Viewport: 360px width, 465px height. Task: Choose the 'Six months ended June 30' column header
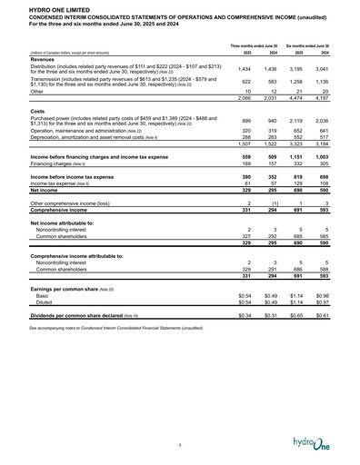point(307,45)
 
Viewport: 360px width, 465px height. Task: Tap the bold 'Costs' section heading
point(39,111)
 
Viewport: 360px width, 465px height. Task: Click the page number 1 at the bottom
point(180,444)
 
